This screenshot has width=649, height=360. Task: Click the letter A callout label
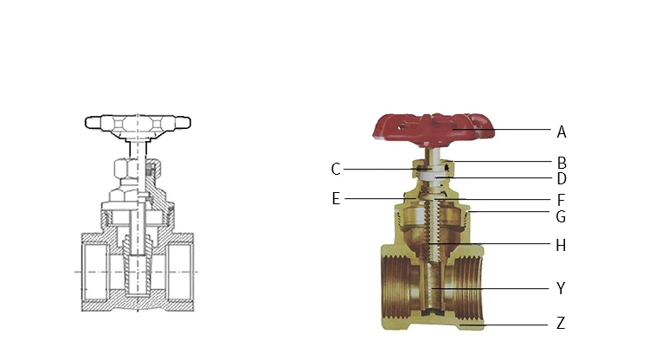[562, 132]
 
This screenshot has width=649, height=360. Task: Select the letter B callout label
[562, 163]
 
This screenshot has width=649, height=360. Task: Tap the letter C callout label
[336, 170]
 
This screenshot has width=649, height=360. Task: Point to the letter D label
[562, 179]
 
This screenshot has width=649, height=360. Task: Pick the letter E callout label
[336, 199]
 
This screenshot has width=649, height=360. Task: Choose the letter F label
[562, 200]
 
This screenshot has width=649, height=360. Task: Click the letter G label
[561, 216]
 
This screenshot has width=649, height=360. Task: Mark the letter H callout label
[561, 246]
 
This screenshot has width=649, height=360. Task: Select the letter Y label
[561, 288]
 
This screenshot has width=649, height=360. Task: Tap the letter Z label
[561, 323]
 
